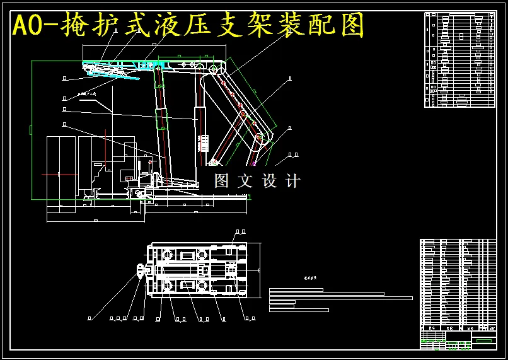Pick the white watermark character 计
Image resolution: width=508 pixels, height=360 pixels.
click(293, 181)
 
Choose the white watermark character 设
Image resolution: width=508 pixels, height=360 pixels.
click(269, 181)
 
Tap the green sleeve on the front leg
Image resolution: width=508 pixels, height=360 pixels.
click(163, 120)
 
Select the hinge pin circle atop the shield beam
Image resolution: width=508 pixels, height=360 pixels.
click(214, 69)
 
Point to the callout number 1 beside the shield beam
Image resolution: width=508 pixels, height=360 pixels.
click(289, 79)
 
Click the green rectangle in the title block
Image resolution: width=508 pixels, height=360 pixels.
click(483, 340)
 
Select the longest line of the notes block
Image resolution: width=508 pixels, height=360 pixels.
click(340, 298)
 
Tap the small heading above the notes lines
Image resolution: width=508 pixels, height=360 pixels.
click(309, 278)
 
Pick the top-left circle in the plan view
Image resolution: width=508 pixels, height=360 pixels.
click(168, 255)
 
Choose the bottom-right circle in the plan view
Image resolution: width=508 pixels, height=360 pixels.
click(202, 287)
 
